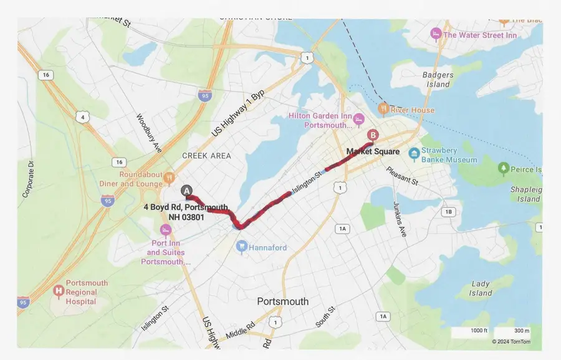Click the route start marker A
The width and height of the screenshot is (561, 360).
point(186,191)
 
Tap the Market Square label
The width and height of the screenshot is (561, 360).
point(373,151)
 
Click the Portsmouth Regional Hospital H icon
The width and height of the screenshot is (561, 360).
point(59,291)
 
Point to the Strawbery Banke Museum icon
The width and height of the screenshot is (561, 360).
point(413,153)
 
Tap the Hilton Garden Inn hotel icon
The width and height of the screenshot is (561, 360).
point(358,118)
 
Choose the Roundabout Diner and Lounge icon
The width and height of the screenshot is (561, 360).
point(169,179)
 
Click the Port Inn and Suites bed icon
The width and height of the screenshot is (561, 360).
point(165,229)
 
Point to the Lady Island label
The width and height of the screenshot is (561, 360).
point(481,288)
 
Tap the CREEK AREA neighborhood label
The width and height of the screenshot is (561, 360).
point(206,156)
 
